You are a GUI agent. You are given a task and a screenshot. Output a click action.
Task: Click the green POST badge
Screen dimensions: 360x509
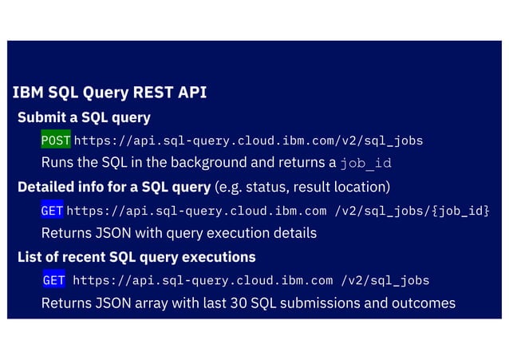(56, 140)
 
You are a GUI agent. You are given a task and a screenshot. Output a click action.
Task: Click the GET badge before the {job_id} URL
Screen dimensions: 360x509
(52, 211)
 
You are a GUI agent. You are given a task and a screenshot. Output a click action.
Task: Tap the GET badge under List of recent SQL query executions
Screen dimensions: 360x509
(53, 280)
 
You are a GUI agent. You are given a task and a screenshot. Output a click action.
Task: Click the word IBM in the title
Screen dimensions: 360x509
(28, 93)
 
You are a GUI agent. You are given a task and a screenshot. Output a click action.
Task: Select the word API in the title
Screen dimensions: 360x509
(191, 93)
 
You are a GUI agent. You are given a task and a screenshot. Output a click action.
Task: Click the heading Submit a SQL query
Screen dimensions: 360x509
(84, 117)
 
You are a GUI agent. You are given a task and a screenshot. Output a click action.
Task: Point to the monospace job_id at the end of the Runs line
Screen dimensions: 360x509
(365, 164)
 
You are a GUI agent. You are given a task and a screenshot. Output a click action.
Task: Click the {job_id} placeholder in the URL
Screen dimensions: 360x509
(456, 211)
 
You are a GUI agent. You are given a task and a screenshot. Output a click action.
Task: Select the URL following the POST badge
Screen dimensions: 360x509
(248, 140)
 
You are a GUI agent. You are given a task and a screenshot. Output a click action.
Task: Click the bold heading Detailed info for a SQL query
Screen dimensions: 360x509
(113, 188)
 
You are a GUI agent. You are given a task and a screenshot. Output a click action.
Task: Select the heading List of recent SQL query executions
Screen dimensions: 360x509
(136, 257)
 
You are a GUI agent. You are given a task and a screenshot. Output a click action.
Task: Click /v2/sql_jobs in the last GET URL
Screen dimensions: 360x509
(385, 280)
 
